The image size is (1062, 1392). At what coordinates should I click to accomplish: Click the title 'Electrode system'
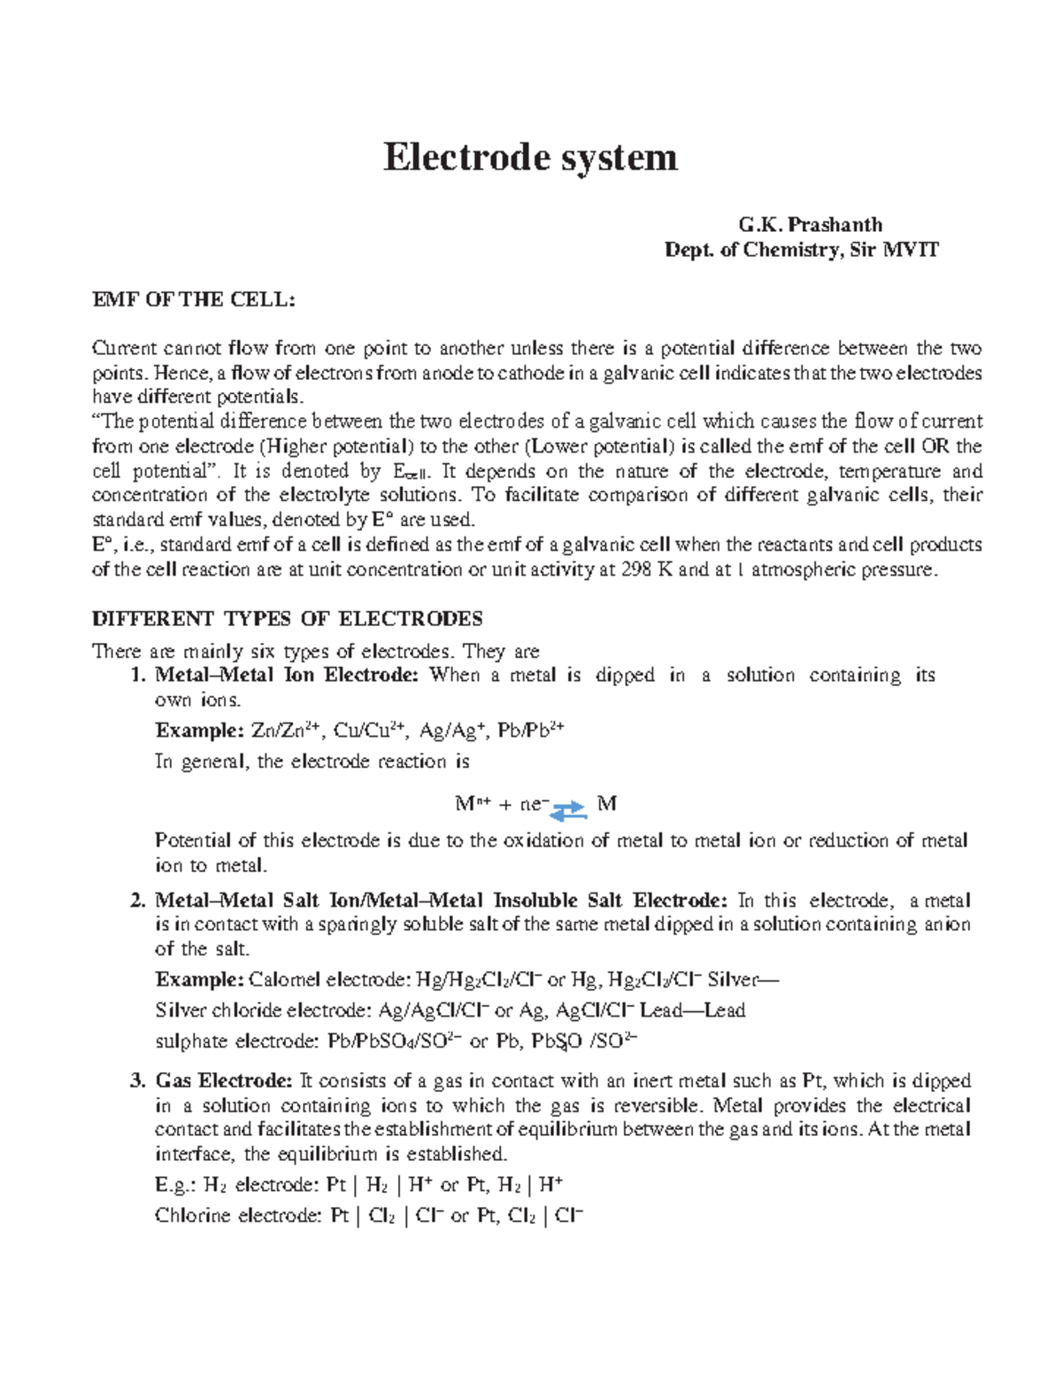point(530,158)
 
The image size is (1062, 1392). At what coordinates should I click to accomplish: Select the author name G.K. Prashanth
point(810,225)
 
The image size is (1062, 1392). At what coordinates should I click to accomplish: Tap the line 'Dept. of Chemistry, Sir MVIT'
point(801,250)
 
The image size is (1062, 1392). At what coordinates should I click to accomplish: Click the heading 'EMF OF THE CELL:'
point(193,299)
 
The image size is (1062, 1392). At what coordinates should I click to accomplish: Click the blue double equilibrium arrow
point(568,808)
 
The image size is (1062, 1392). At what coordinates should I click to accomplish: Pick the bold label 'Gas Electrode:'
point(223,1080)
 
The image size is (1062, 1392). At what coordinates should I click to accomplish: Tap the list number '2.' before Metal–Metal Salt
point(137,901)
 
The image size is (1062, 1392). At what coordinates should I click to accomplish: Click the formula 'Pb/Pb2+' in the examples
point(530,731)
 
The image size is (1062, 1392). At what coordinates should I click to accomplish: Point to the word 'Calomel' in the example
point(285,980)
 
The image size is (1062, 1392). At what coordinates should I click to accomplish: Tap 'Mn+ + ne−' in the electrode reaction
point(501,804)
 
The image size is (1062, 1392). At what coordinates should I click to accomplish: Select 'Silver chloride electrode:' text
point(263,1010)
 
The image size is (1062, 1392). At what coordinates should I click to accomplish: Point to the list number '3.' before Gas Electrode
point(137,1080)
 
